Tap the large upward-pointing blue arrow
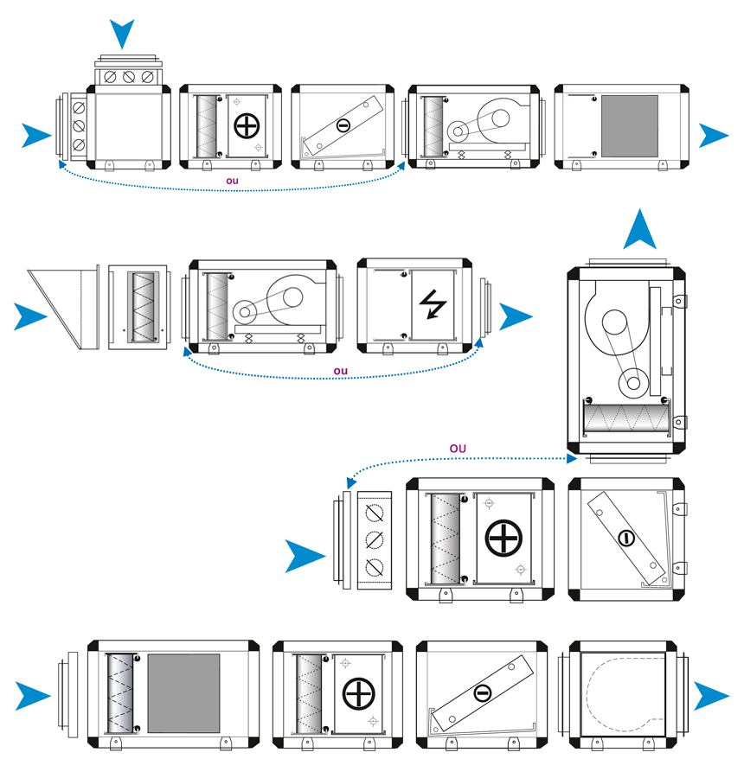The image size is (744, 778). (x=641, y=232)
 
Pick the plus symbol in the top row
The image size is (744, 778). (x=247, y=125)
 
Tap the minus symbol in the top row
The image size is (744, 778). (x=343, y=126)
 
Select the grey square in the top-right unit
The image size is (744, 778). (x=629, y=125)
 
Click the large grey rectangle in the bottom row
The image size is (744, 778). (x=183, y=692)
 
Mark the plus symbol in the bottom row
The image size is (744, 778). (x=356, y=692)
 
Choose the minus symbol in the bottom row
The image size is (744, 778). (x=483, y=692)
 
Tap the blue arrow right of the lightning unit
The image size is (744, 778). (x=516, y=316)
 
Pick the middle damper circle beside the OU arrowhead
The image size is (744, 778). (x=375, y=540)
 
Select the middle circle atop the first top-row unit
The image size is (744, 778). (x=129, y=77)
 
